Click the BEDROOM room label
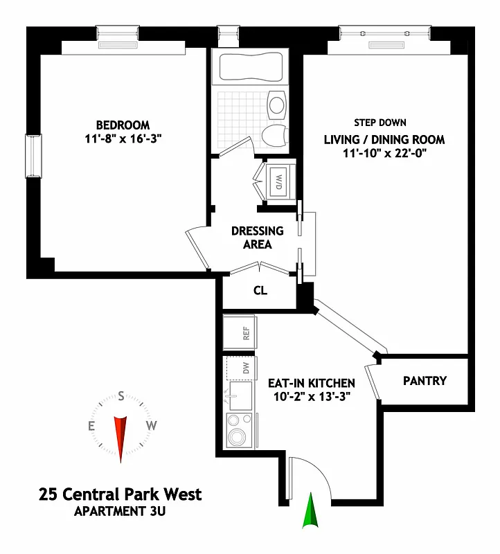[123, 125]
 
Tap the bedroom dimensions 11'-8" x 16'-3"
[123, 138]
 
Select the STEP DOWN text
[380, 123]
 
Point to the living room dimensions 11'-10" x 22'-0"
[384, 153]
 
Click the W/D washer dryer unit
[278, 182]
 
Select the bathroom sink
[277, 105]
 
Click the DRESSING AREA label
[257, 238]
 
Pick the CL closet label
[260, 291]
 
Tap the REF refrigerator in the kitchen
[240, 333]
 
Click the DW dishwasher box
[241, 368]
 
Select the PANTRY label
[425, 381]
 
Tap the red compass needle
[121, 436]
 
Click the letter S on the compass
[121, 397]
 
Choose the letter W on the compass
[151, 425]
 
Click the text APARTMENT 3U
[120, 512]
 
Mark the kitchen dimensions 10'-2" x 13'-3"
[312, 397]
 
